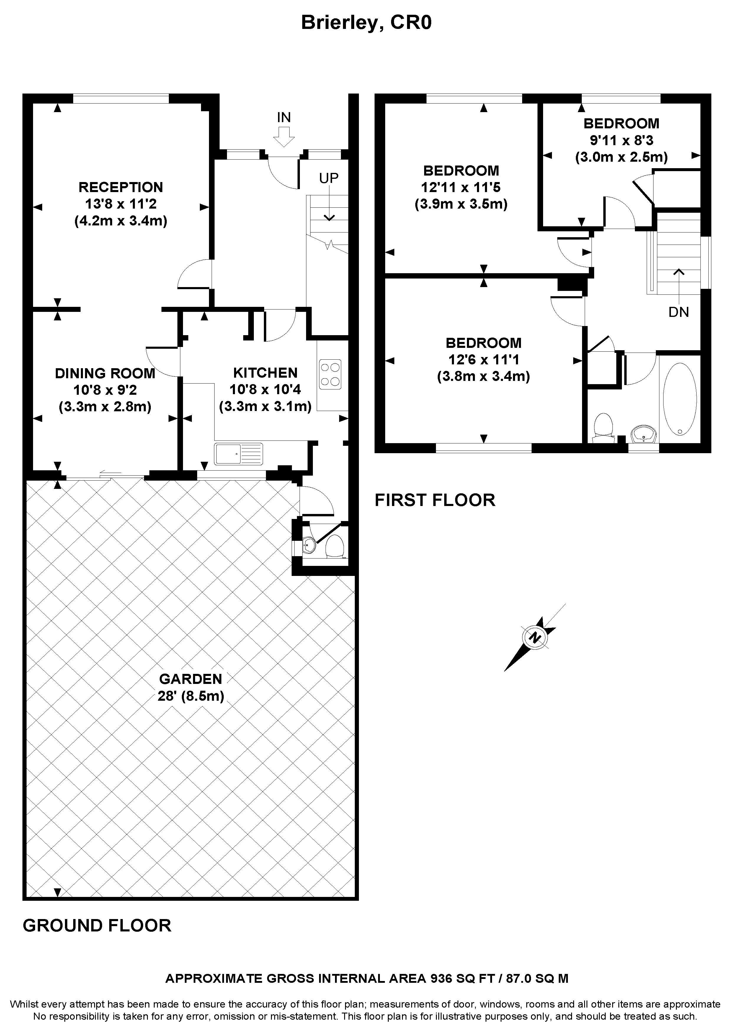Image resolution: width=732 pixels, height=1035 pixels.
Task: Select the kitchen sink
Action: (x=238, y=454)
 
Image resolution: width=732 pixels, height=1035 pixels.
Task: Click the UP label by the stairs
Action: (x=329, y=178)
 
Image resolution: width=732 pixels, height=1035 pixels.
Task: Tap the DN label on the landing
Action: (x=679, y=312)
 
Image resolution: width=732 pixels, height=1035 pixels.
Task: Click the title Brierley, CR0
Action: (x=366, y=22)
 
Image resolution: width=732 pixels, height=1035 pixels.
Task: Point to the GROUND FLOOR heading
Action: (x=97, y=926)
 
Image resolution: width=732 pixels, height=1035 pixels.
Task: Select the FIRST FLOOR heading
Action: (x=435, y=500)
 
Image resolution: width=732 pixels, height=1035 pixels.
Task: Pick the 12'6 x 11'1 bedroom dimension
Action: (x=483, y=360)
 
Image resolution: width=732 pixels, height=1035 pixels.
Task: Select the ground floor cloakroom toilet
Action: (x=335, y=546)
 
